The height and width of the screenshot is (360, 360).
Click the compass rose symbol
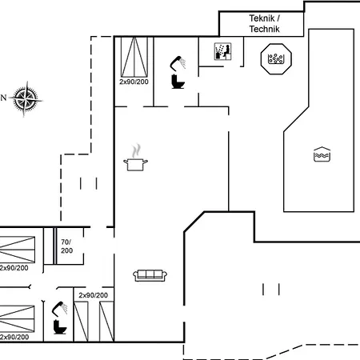[x=26, y=99]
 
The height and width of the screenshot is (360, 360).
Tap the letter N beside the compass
[x=3, y=98]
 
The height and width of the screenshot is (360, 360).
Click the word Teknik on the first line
[x=262, y=18]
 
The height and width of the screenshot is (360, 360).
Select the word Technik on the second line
[x=264, y=29]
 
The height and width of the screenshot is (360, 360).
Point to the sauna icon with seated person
[x=222, y=51]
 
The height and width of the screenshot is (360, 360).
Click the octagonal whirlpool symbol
[x=276, y=58]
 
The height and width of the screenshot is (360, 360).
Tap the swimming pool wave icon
[x=322, y=154]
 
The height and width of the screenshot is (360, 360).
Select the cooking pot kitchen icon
[x=135, y=165]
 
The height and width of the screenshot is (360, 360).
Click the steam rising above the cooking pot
[x=136, y=151]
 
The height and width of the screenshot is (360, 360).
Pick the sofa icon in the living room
[x=150, y=275]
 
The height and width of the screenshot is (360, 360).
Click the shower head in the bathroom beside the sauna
[x=178, y=63]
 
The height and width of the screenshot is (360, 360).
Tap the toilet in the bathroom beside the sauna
[x=178, y=82]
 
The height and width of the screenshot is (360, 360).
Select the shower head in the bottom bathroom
[x=59, y=309]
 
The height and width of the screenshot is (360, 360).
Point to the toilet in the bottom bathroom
[x=60, y=327]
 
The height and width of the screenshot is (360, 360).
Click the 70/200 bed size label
[x=66, y=246]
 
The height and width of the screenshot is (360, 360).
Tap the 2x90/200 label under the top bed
[x=134, y=82]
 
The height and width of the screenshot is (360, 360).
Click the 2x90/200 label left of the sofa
[x=93, y=295]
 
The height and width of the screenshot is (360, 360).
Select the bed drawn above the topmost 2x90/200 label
[x=134, y=57]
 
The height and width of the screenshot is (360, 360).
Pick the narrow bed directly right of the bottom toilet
[x=81, y=322]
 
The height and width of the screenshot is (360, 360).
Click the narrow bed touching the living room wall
[x=106, y=322]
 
